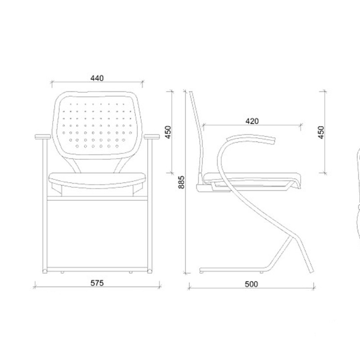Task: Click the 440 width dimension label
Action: (x=97, y=78)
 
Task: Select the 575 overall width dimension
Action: (x=97, y=283)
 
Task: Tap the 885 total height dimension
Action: (x=181, y=182)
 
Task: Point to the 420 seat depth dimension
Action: (x=252, y=121)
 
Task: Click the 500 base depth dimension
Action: (x=251, y=284)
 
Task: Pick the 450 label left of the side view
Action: (x=168, y=132)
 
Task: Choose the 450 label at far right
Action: (x=321, y=132)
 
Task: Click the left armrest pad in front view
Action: (x=43, y=137)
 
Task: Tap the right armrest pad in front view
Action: (x=152, y=137)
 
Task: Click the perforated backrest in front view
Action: (x=97, y=125)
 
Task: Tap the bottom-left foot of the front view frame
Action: (x=45, y=271)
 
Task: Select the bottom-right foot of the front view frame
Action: (x=150, y=271)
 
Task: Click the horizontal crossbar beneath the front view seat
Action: (x=97, y=198)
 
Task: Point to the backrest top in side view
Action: (x=191, y=92)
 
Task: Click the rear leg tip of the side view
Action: (x=311, y=271)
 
